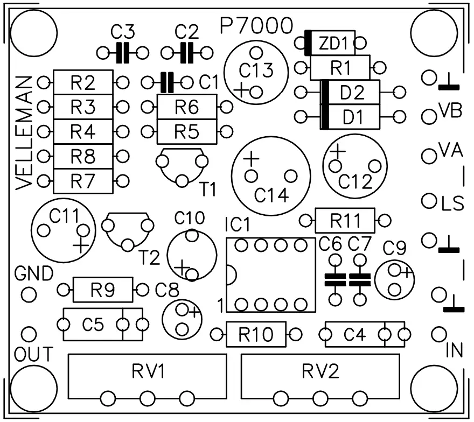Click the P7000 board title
tap(257, 25)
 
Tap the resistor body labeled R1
tap(340, 68)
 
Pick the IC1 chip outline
tap(271, 275)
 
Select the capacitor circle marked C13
tap(256, 70)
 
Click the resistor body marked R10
tap(256, 335)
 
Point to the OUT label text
tap(33, 355)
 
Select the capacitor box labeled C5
tap(93, 325)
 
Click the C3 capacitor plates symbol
tap(123, 53)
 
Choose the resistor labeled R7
tap(83, 181)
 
